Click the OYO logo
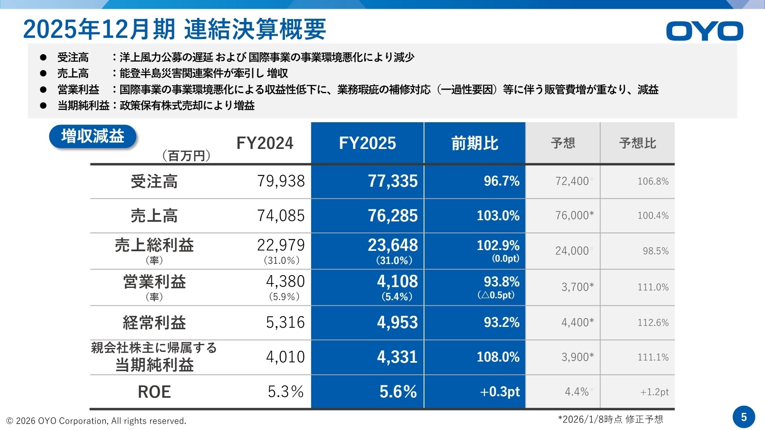(x=704, y=31)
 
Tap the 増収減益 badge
(x=92, y=137)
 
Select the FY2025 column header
(x=367, y=143)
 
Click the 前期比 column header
(x=475, y=143)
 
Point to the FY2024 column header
(x=265, y=143)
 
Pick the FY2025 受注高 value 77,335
(x=392, y=181)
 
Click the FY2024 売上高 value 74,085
(x=280, y=216)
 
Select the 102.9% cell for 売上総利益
(x=498, y=245)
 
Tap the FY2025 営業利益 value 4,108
(x=397, y=281)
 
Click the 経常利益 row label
(x=154, y=322)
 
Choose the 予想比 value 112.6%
(x=653, y=322)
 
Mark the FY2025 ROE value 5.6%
(x=398, y=392)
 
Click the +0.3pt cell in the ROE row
(x=500, y=392)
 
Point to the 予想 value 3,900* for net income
(x=577, y=357)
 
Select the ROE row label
(x=154, y=392)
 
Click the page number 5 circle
(x=743, y=417)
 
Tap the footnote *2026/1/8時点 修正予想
(x=610, y=419)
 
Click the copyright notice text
(x=96, y=421)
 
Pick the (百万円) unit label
(x=186, y=156)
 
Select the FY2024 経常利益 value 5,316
(x=285, y=322)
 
